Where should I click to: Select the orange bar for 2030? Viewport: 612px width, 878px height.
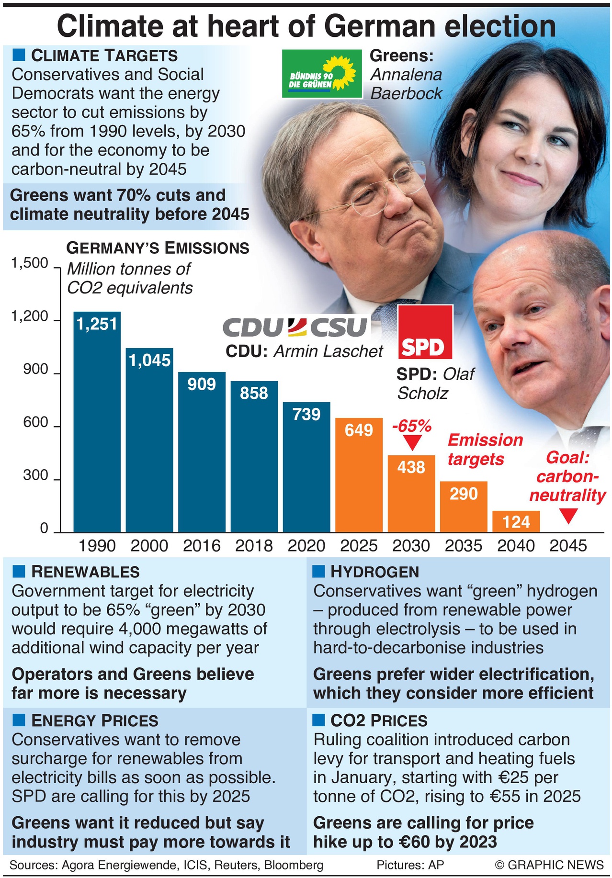tap(411, 493)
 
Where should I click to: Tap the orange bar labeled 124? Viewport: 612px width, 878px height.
tap(516, 521)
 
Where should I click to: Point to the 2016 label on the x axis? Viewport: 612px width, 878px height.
tap(202, 546)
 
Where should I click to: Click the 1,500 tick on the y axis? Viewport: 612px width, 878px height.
tap(30, 263)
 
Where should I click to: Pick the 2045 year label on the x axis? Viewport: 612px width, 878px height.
tap(568, 546)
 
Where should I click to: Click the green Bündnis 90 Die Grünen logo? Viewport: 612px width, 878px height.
tap(321, 74)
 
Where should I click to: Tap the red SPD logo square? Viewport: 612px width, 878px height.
tap(425, 332)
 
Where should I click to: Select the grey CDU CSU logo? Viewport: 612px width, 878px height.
tap(295, 327)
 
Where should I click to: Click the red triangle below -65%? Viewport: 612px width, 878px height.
tap(411, 442)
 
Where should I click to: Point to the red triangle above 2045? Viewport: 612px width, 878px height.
tap(568, 516)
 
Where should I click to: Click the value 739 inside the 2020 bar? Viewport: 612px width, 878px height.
tap(306, 414)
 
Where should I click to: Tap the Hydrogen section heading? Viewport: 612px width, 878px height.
tap(374, 572)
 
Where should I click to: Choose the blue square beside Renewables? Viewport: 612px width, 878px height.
tap(19, 571)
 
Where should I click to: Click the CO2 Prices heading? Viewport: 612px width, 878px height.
tap(379, 720)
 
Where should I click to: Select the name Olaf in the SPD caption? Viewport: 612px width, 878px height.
tap(458, 374)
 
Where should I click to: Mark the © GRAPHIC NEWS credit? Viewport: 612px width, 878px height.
tap(549, 865)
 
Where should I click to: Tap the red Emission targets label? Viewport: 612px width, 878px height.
tap(485, 449)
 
